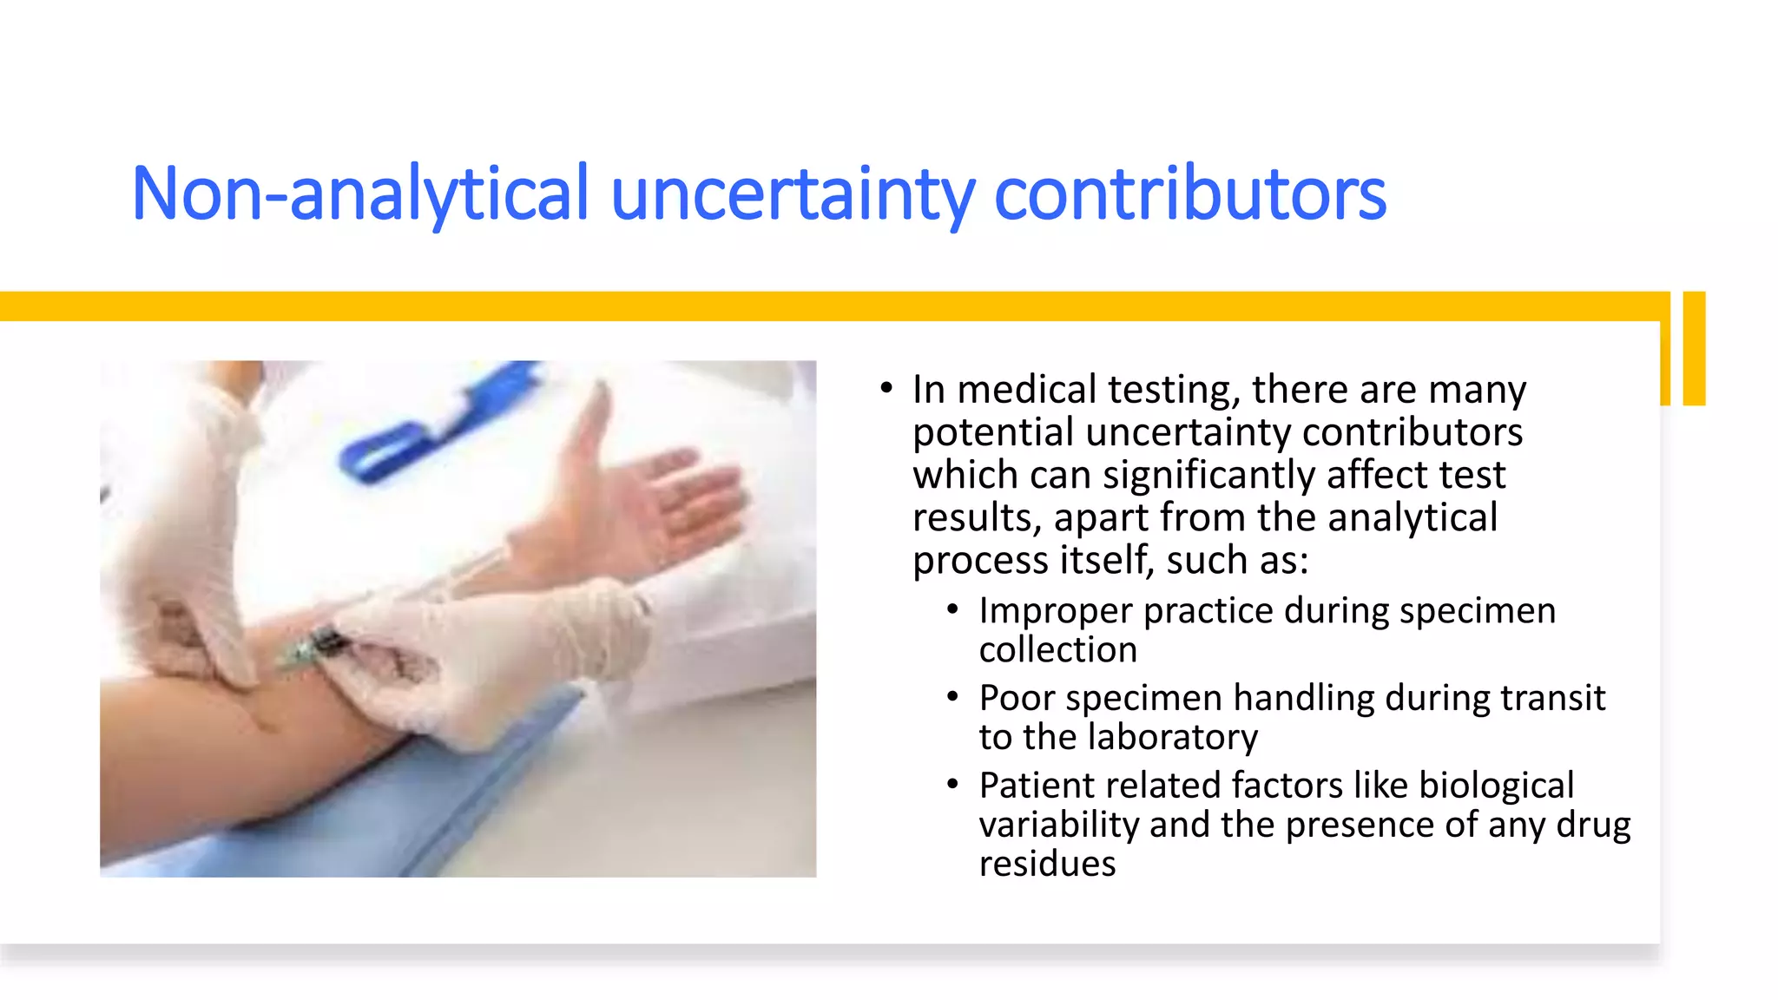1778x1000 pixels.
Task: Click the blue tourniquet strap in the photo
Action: click(434, 425)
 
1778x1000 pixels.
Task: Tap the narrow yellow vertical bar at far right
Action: click(1694, 348)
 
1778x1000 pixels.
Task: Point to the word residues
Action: click(1047, 864)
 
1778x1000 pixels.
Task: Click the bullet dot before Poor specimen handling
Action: click(952, 697)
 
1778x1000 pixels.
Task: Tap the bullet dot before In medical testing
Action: click(886, 388)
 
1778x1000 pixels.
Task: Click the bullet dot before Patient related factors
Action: click(952, 785)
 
